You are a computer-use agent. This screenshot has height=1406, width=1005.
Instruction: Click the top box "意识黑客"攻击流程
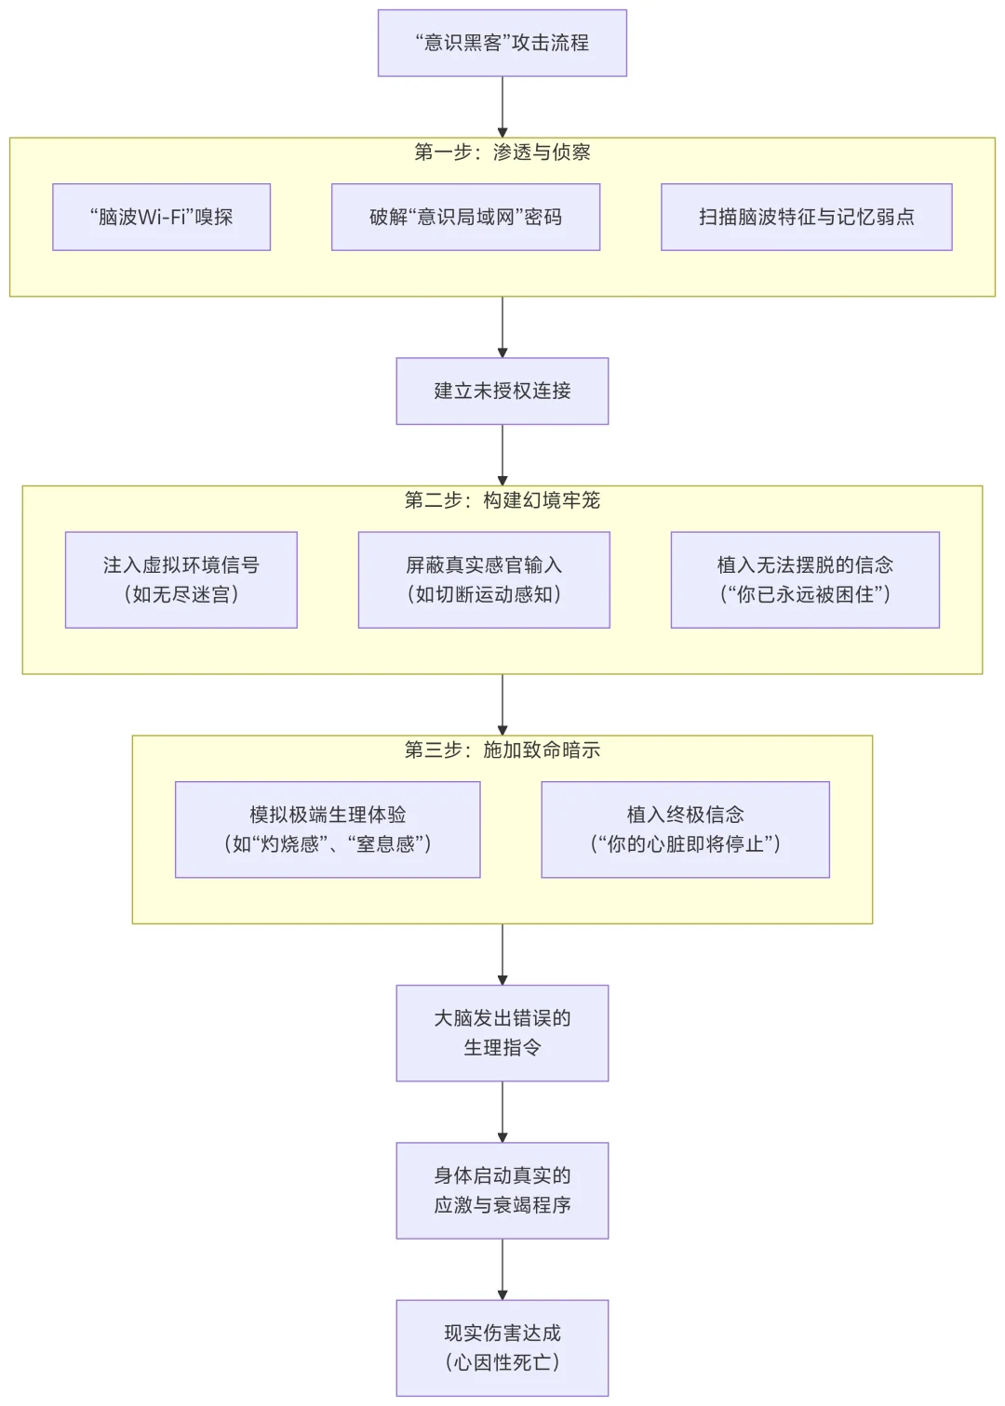point(502,43)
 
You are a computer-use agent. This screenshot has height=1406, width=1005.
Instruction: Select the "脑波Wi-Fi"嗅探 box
point(161,217)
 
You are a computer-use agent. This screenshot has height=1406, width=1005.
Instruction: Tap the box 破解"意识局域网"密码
point(465,217)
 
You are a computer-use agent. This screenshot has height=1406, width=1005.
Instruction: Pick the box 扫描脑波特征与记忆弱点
point(806,217)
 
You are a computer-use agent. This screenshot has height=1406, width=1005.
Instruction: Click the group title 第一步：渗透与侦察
point(502,153)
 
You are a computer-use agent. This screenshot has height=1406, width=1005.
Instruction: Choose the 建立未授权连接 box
point(502,391)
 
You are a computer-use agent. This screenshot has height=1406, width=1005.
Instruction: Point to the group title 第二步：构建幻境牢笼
point(502,500)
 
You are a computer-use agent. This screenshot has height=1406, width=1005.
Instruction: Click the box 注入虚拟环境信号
point(181,579)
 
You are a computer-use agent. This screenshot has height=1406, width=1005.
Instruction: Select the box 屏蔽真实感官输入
point(484,579)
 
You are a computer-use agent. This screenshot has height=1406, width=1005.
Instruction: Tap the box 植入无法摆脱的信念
point(805,579)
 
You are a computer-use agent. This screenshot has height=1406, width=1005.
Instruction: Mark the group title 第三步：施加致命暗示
point(502,749)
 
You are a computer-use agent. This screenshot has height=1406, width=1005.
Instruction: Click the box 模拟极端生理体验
point(328,829)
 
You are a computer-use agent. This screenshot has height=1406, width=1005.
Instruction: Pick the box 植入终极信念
point(685,829)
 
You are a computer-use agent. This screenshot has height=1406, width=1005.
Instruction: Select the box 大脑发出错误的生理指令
point(502,1032)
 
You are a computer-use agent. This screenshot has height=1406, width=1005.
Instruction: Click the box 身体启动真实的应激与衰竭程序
point(502,1189)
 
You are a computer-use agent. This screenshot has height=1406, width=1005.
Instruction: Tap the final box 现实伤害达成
point(502,1346)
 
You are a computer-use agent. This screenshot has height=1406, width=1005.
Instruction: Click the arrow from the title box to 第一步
point(502,107)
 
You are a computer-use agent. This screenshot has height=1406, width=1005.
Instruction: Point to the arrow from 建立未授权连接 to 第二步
point(502,456)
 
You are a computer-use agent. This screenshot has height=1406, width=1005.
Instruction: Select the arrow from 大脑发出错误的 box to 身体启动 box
point(502,1112)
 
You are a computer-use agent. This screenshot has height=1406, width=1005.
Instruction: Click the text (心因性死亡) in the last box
point(502,1362)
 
